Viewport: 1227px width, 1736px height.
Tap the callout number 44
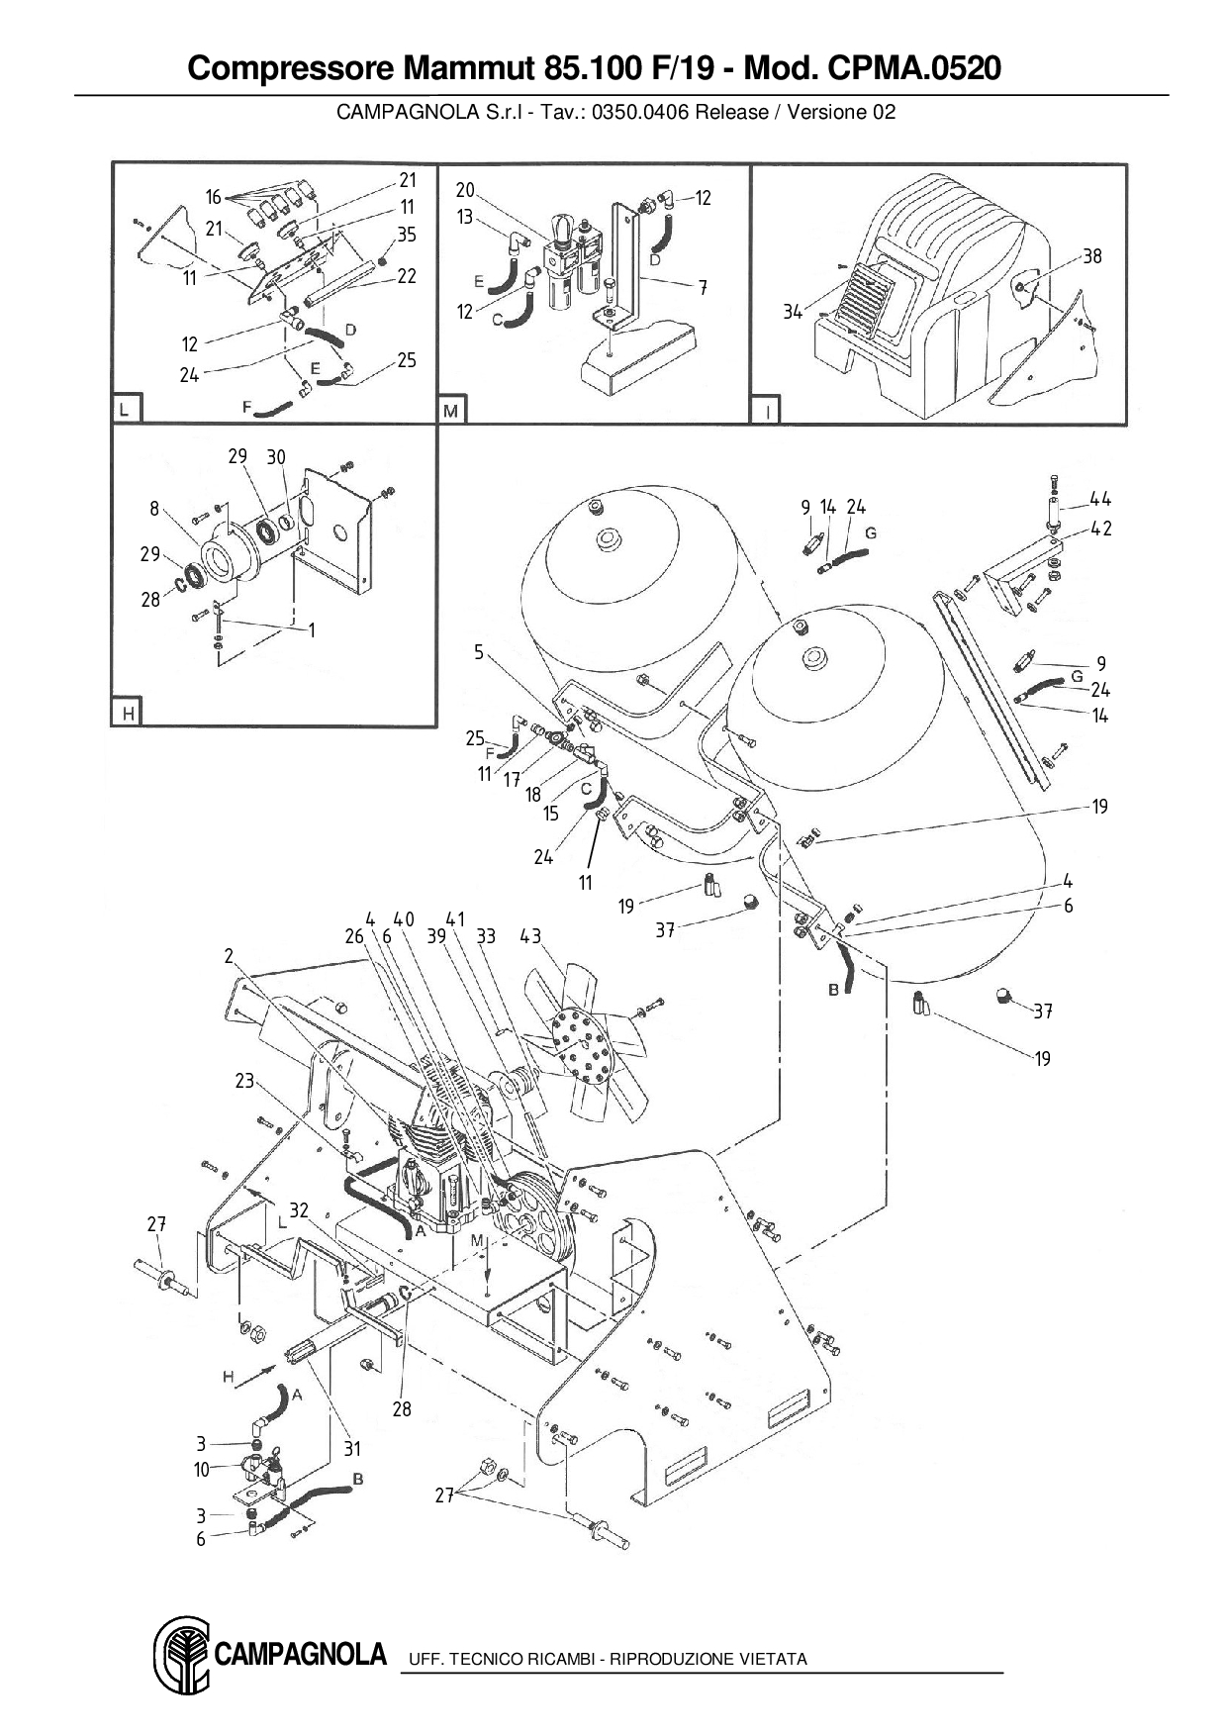pos(1100,499)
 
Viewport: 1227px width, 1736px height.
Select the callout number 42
pos(1100,529)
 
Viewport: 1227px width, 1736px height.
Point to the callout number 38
pos(1091,256)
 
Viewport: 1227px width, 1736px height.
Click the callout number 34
pos(793,313)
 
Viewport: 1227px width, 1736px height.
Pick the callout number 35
pos(408,235)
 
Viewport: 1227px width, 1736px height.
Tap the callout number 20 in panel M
pos(465,190)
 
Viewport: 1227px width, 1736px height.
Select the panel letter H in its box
pos(128,713)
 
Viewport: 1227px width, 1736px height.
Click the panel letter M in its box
pos(451,409)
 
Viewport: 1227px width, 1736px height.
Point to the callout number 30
pos(276,456)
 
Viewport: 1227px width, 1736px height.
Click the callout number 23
pos(245,1081)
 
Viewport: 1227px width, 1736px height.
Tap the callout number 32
pos(299,1209)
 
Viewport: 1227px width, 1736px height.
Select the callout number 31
pos(353,1448)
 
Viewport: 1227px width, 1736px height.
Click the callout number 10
pos(202,1470)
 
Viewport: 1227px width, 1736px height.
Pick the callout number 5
pos(479,653)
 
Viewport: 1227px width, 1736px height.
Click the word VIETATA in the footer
pos(774,1659)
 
